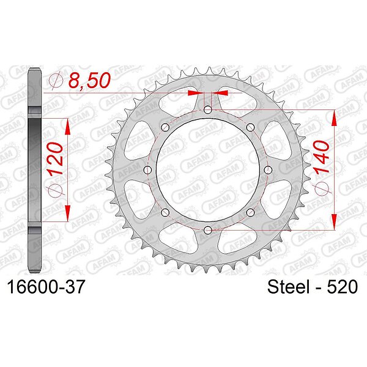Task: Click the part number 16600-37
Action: tap(46, 287)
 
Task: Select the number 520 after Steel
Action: tap(343, 287)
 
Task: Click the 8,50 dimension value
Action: tap(89, 80)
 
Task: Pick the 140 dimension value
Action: tap(321, 157)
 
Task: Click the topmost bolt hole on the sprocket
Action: tap(208, 109)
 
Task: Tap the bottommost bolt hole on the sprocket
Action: tap(208, 230)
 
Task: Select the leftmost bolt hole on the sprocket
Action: tap(147, 170)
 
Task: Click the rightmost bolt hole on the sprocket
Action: tap(268, 170)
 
